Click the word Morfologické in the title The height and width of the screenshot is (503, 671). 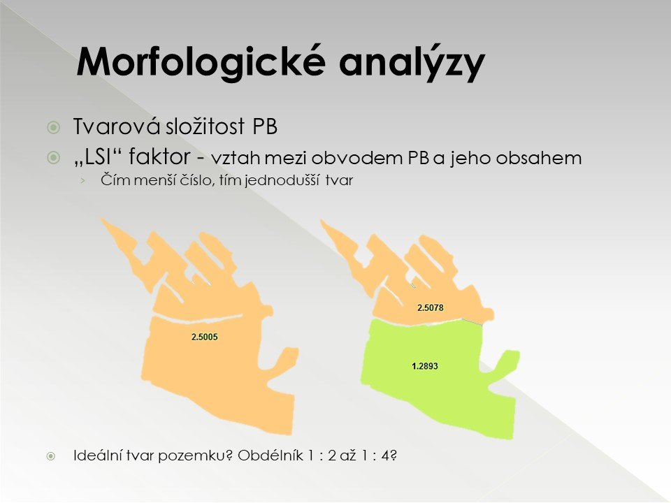tap(201, 62)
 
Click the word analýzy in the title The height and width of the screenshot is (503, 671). tap(412, 62)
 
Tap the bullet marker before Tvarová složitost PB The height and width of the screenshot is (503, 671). tap(54, 127)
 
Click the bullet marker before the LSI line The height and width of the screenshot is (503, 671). tap(54, 158)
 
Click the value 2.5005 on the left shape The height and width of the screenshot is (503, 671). tap(205, 337)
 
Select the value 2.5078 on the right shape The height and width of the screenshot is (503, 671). tap(431, 307)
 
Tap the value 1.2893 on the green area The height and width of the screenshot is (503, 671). tap(425, 366)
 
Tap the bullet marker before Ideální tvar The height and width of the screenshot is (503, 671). tap(51, 456)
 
